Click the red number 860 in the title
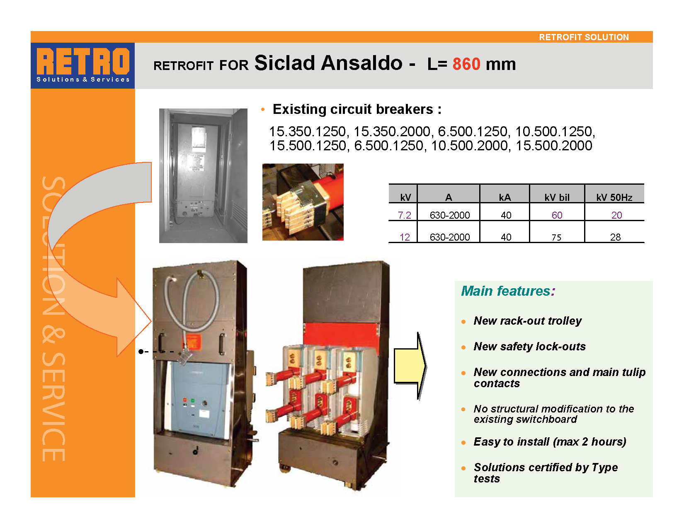[466, 64]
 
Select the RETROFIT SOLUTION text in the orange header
[584, 37]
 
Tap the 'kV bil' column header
[557, 197]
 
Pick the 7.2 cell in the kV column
[405, 215]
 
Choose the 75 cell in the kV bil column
[556, 237]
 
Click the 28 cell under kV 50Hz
[615, 237]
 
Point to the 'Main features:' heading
[508, 291]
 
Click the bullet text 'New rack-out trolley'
[528, 321]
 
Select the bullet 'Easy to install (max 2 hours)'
[550, 442]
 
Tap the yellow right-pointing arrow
[410, 366]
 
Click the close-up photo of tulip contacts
[303, 202]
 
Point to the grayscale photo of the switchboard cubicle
[203, 176]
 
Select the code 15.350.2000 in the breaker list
[392, 131]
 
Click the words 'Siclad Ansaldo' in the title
[328, 63]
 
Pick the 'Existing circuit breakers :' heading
[357, 109]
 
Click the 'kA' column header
[505, 197]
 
